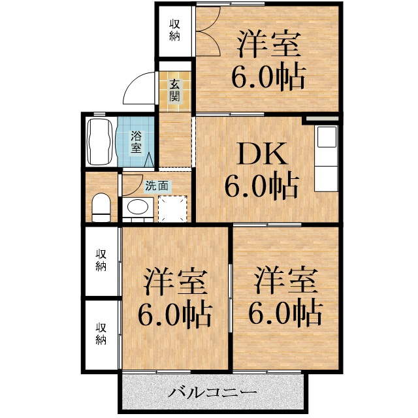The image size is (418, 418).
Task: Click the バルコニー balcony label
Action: tap(212, 393)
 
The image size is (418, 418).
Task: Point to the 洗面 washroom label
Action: tap(157, 185)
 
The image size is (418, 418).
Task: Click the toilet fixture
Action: tap(101, 207)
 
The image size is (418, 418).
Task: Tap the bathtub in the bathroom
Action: tap(99, 141)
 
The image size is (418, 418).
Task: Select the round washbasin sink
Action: tap(137, 208)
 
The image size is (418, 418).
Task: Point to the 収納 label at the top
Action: tap(174, 30)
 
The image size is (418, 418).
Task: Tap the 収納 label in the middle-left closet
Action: tap(101, 259)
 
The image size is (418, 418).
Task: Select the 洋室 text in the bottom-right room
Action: tap(286, 281)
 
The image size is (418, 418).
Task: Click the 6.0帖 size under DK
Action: tap(261, 187)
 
